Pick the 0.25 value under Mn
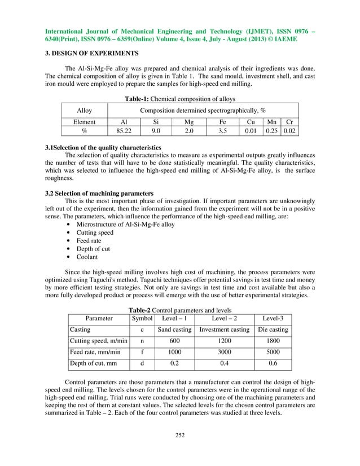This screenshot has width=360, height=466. tap(273, 131)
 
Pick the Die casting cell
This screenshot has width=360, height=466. tap(273, 329)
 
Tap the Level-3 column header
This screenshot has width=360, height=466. tap(273, 318)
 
